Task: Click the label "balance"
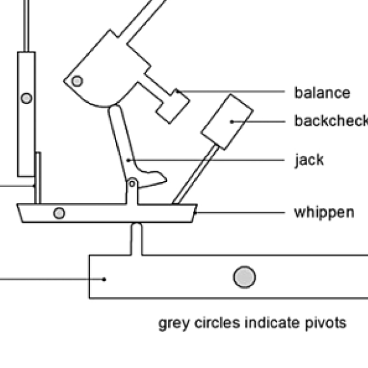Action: click(322, 93)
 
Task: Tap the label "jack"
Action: click(309, 160)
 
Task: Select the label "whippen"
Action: click(324, 213)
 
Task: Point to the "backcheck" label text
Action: click(331, 121)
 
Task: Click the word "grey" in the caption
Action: click(174, 324)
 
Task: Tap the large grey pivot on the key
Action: click(244, 277)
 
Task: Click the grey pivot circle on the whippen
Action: click(59, 213)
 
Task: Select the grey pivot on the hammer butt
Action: click(77, 81)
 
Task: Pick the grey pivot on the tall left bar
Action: click(26, 98)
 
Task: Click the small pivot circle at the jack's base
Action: click(132, 183)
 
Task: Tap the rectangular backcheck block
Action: click(227, 122)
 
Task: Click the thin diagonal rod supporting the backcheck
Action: click(195, 174)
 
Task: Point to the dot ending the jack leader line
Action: click(128, 161)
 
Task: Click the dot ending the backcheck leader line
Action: click(232, 122)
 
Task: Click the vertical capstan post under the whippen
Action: click(136, 239)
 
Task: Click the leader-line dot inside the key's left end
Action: click(104, 279)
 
